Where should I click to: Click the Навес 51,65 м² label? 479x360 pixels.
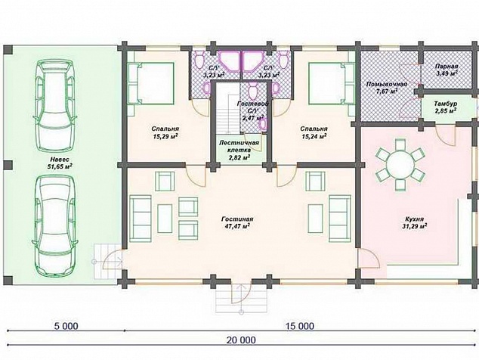point(60,163)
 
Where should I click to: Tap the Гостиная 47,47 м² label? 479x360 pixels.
point(237,222)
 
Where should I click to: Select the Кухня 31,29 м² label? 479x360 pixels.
point(414,222)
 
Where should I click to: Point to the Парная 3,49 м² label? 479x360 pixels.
point(447,70)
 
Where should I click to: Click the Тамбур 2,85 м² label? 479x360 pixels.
point(446,107)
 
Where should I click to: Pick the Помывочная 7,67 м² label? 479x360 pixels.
point(387,87)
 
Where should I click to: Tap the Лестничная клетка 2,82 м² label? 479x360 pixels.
point(239,151)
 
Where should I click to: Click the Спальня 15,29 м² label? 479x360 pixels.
point(166,132)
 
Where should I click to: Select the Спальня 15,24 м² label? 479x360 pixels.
point(314,132)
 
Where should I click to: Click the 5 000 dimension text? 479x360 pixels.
point(66,326)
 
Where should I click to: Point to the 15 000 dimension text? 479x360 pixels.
point(300,326)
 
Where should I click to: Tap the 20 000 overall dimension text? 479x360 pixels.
point(241,340)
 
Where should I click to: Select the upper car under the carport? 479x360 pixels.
point(56,105)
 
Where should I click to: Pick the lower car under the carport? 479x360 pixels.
point(55,225)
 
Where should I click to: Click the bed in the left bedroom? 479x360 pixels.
point(150,83)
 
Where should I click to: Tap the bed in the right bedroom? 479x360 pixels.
point(332,83)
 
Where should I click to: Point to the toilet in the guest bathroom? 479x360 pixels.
point(252,88)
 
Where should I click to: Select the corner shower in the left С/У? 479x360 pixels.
point(230,61)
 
